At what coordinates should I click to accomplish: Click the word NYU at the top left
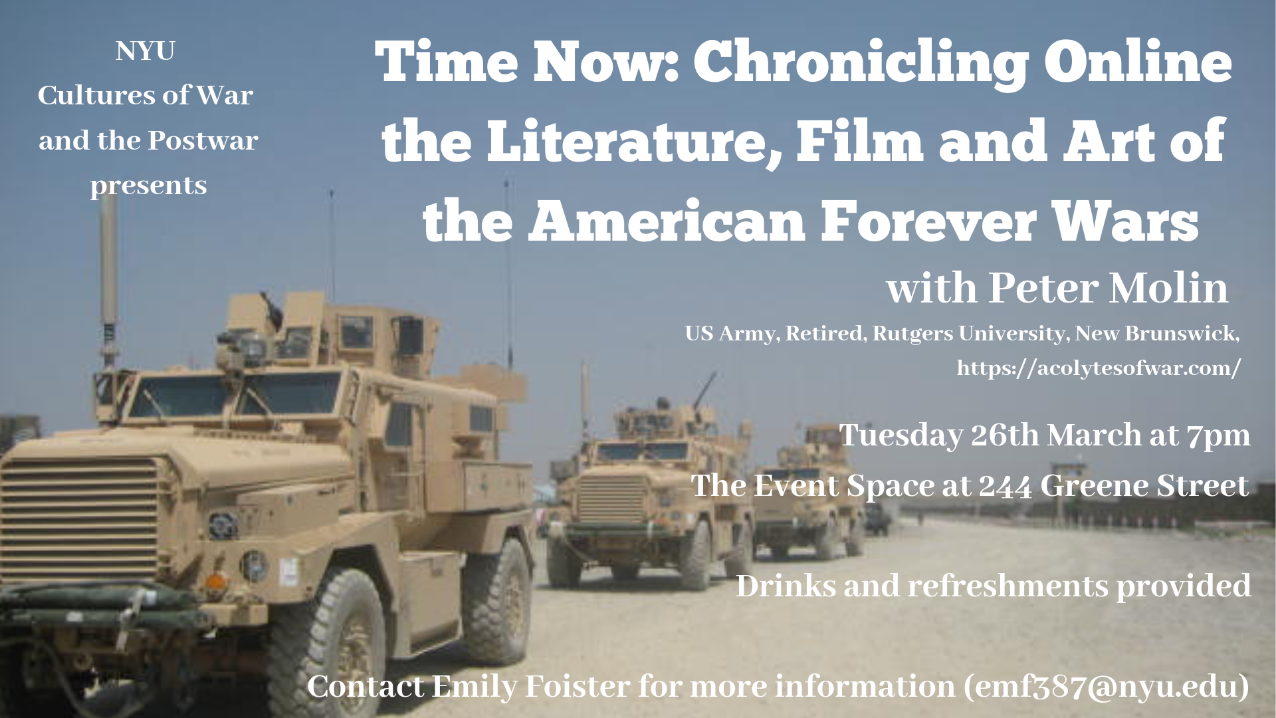pyautogui.click(x=146, y=51)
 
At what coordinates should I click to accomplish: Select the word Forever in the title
pyautogui.click(x=920, y=221)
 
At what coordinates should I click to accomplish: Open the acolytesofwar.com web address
pyautogui.click(x=1099, y=368)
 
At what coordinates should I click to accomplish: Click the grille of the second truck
pyautogui.click(x=611, y=498)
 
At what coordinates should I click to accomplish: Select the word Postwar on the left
pyautogui.click(x=203, y=140)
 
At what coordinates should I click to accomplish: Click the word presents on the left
pyautogui.click(x=149, y=185)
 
